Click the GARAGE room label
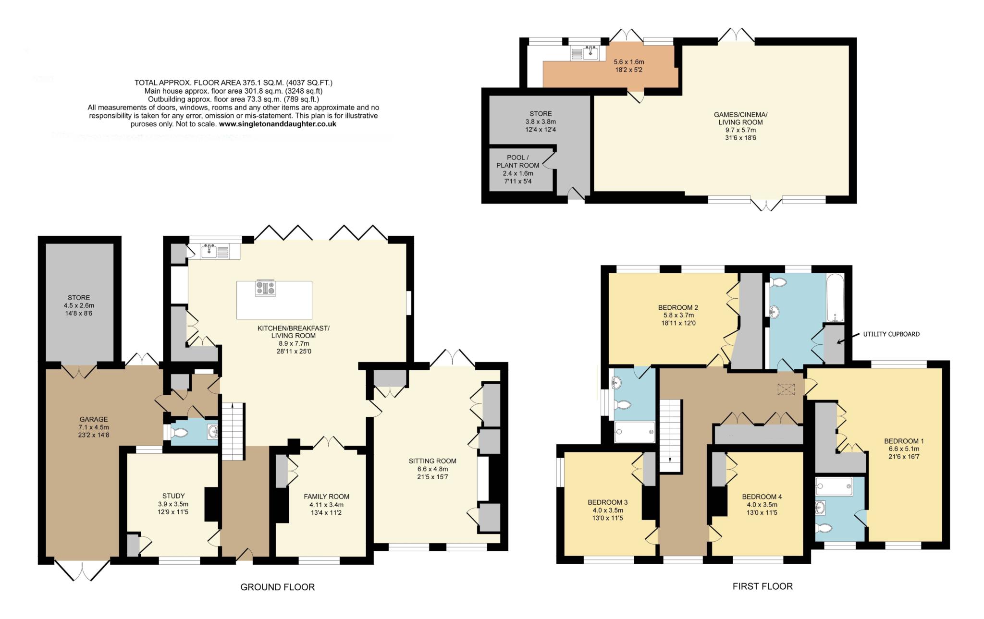pos(93,419)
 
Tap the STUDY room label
pos(173,496)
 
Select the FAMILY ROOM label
pos(326,497)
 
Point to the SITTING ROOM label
pos(432,461)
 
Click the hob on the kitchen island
pos(266,288)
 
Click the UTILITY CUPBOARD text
pos(891,334)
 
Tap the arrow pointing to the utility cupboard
pos(847,339)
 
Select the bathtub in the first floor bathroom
pos(835,298)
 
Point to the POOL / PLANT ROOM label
pos(517,161)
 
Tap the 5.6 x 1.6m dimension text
pos(628,62)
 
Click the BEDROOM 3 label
pos(607,502)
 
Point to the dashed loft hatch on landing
pos(786,389)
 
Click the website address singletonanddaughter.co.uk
pos(277,124)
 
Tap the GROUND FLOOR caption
pos(277,587)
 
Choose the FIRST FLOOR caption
pos(762,586)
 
